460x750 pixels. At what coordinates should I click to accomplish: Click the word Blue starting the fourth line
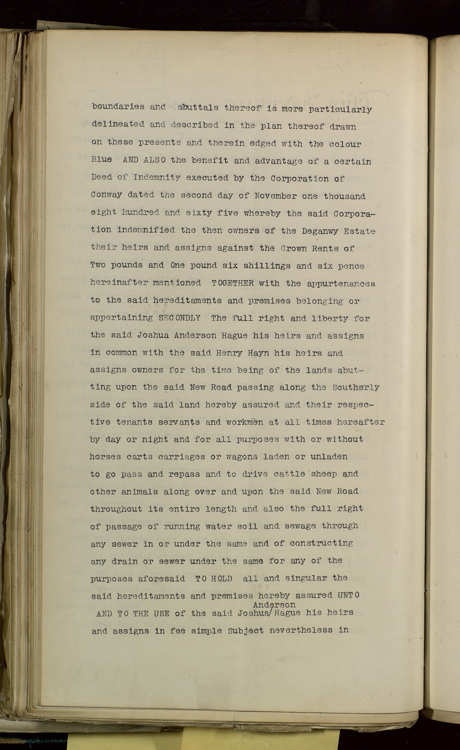point(101,159)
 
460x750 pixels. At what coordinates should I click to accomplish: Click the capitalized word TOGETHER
point(232,283)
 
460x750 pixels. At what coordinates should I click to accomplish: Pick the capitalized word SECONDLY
point(180,318)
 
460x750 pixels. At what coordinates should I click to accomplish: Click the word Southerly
point(356,388)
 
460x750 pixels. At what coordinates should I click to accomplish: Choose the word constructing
point(321,543)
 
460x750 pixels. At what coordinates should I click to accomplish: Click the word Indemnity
point(157,177)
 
